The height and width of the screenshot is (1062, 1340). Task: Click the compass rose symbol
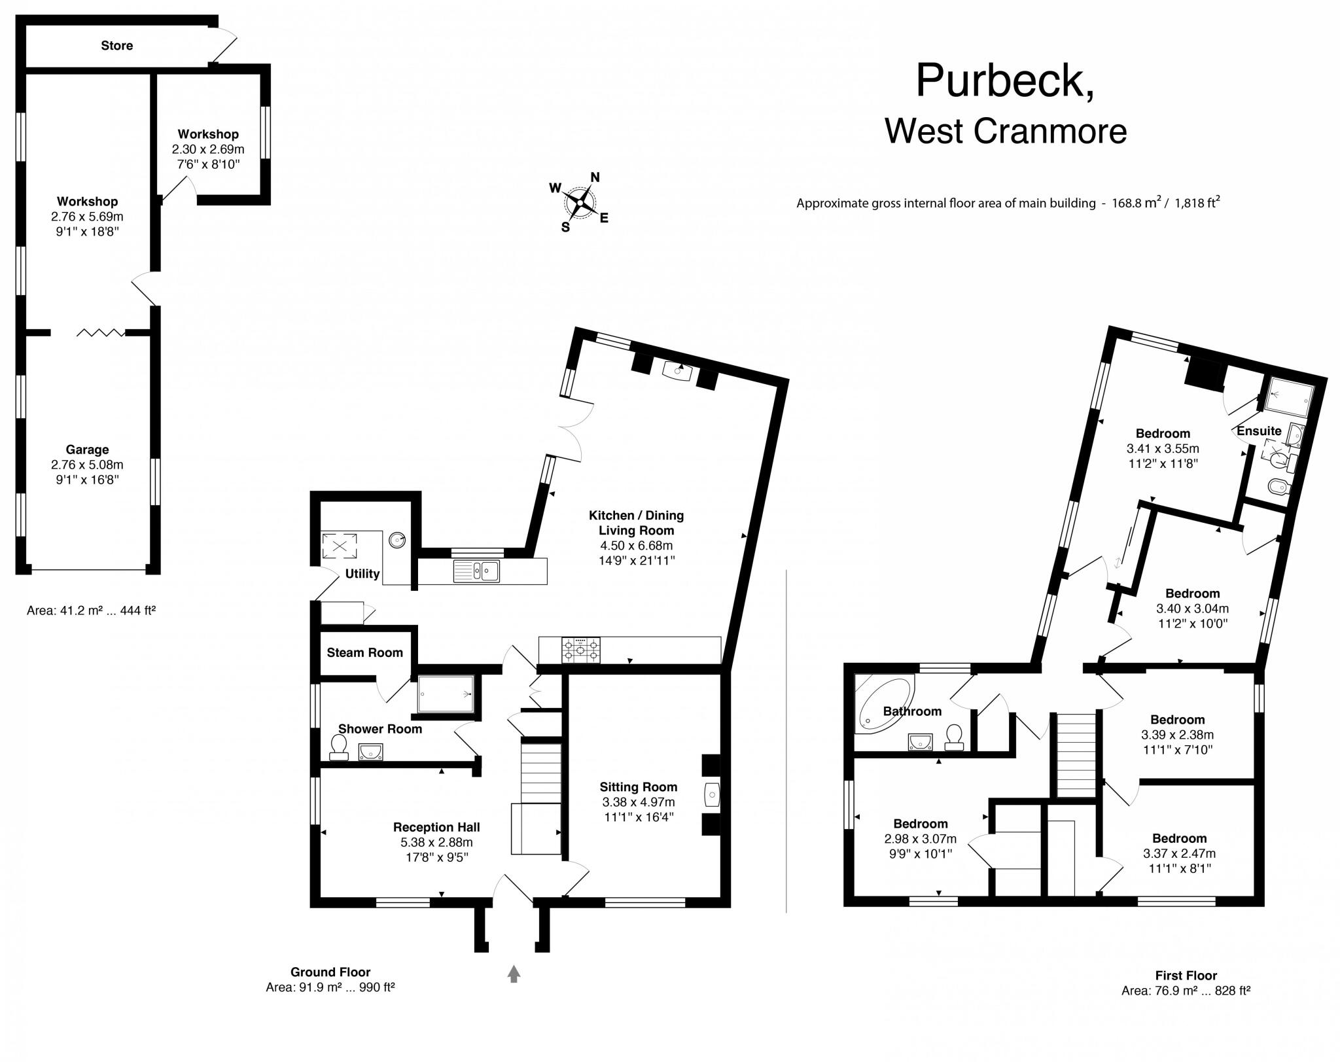[580, 202]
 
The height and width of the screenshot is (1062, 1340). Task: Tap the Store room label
[116, 46]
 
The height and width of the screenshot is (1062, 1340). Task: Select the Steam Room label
[364, 652]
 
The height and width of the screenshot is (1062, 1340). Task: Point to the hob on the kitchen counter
[580, 650]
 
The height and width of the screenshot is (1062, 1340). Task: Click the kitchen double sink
[476, 571]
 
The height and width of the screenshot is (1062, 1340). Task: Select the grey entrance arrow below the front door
[514, 974]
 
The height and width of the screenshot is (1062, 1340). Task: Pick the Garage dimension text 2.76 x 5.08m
[87, 465]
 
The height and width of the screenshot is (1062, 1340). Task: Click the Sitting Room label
[638, 787]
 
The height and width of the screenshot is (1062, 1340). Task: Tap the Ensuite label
[1258, 431]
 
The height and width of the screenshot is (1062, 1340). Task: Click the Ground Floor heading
[330, 972]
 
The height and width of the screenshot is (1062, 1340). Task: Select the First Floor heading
[1186, 976]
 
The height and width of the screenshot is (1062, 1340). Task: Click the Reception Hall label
[436, 827]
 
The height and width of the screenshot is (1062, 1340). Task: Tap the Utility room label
[362, 574]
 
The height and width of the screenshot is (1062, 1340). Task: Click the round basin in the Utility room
[397, 540]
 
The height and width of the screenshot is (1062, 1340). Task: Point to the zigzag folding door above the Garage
[101, 333]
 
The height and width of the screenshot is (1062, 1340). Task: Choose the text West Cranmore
[1006, 132]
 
